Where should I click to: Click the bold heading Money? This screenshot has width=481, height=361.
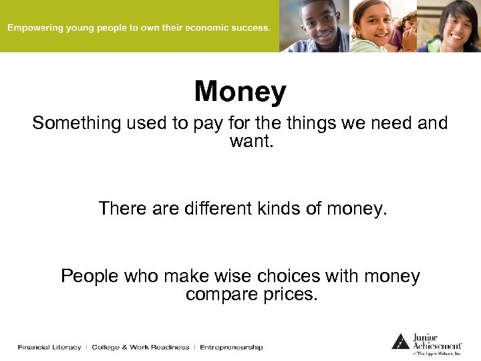[x=240, y=92]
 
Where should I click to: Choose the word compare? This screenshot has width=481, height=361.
[x=218, y=294]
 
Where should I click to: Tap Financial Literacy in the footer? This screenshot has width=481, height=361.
[x=49, y=347]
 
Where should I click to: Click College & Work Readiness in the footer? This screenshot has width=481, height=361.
[x=140, y=347]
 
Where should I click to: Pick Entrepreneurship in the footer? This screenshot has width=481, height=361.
[x=231, y=347]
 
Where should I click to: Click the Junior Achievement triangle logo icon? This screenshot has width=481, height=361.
[x=399, y=342]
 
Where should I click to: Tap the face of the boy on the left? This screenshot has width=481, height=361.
[x=321, y=21]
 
